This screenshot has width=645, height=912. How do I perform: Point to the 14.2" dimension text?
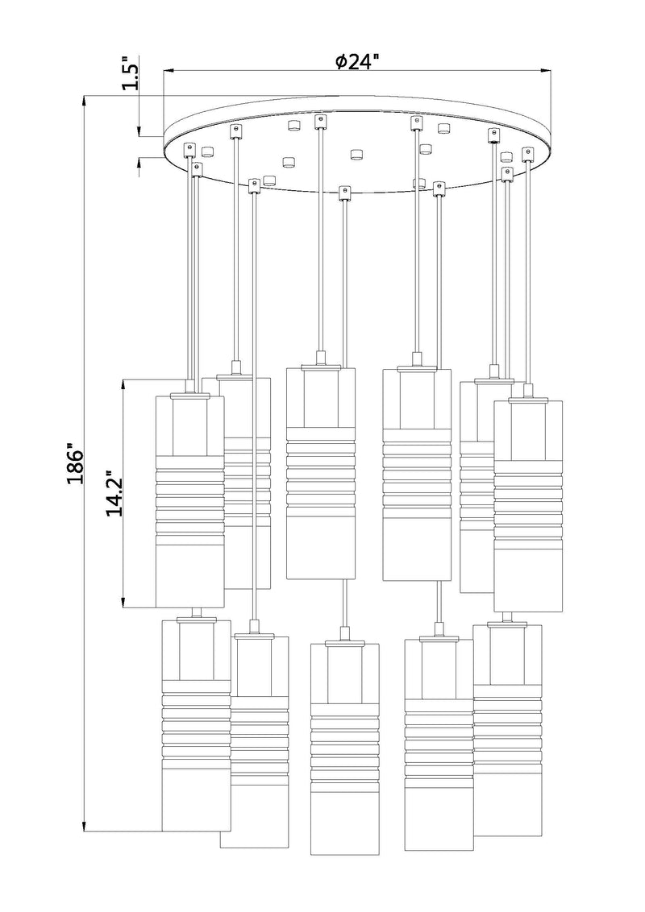114,493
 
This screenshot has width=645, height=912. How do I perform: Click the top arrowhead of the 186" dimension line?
85,102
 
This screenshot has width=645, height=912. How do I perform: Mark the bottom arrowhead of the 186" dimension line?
85,825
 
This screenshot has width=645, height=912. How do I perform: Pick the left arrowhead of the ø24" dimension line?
169,72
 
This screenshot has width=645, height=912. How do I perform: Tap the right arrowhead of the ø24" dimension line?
546,72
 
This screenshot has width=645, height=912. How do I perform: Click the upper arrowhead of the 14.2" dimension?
123,383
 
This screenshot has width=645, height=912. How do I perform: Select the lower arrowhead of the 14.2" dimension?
123,603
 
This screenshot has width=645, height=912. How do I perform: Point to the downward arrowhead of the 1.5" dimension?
139,132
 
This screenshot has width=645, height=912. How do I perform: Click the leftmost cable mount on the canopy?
189,150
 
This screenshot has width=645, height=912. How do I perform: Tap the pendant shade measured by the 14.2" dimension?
190,501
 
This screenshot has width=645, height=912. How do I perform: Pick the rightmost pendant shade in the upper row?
529,506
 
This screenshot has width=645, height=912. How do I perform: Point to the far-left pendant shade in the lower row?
196,726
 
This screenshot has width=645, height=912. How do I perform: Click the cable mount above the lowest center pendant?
344,193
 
